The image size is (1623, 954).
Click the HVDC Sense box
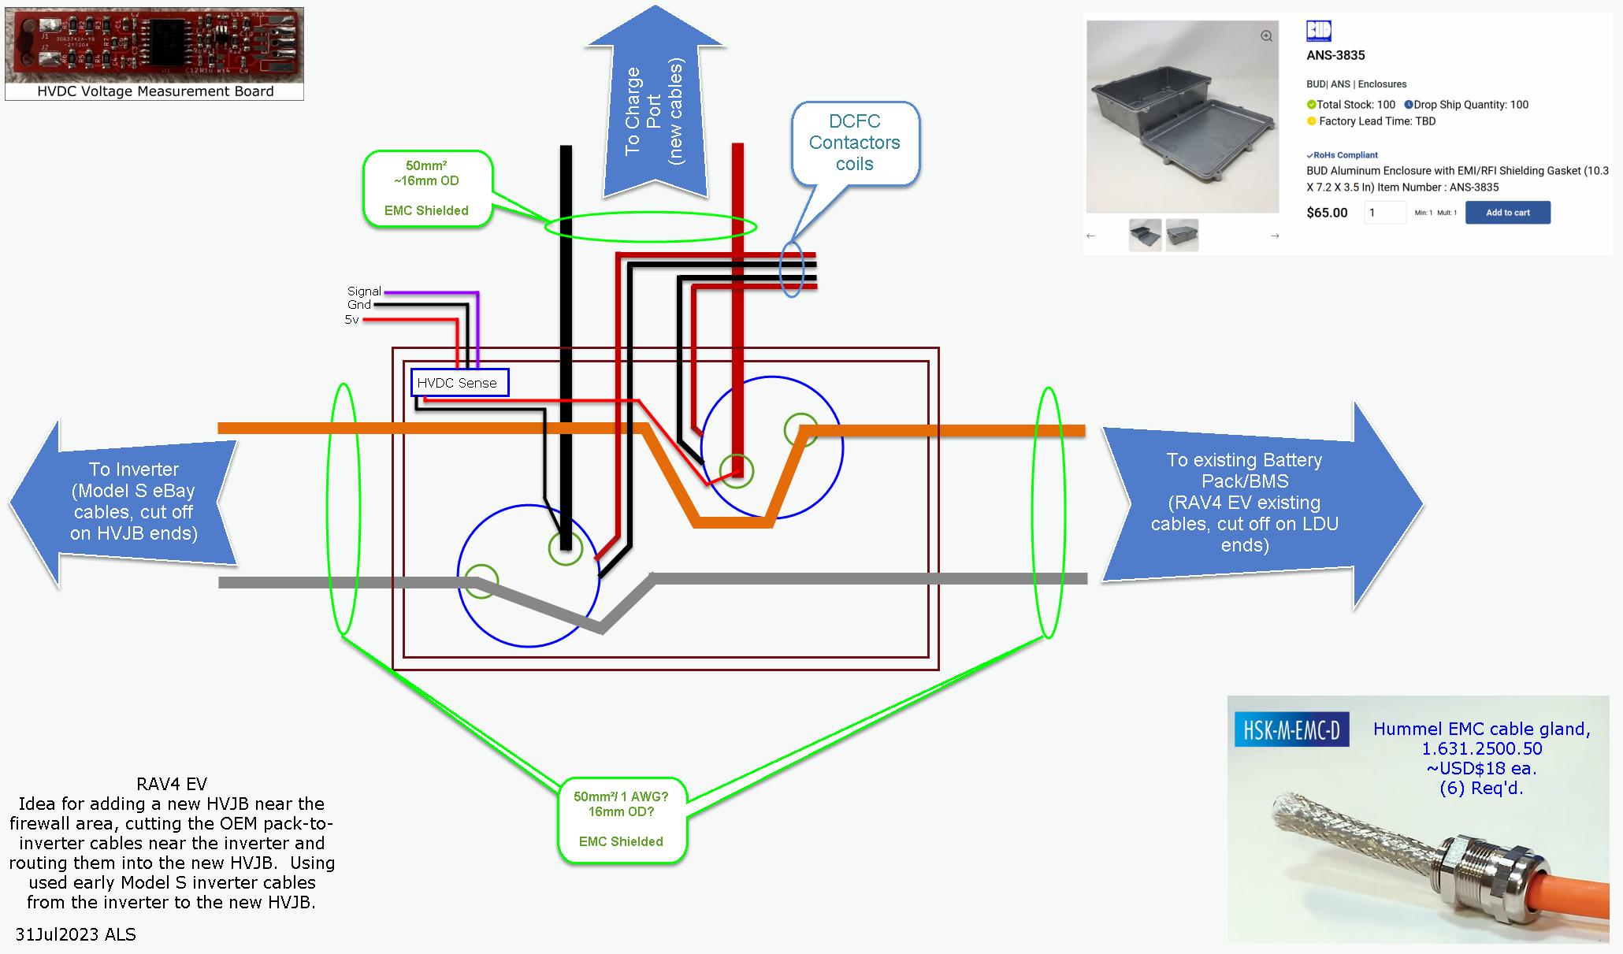pyautogui.click(x=459, y=383)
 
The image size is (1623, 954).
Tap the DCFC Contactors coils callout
pyautogui.click(x=855, y=143)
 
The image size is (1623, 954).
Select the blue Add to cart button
pyautogui.click(x=1507, y=213)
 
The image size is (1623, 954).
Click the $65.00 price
pyautogui.click(x=1327, y=213)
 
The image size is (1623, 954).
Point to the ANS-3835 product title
pyautogui.click(x=1335, y=55)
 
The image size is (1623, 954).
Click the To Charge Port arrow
pyautogui.click(x=655, y=110)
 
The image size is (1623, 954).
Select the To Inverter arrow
pyautogui.click(x=126, y=503)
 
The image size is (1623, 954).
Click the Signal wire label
pyautogui.click(x=364, y=291)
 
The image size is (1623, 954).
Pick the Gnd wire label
pyautogui.click(x=359, y=305)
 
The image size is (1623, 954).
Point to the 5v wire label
pyautogui.click(x=351, y=320)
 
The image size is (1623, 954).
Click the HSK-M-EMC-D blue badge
pyautogui.click(x=1291, y=730)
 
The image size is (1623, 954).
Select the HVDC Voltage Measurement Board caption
pyautogui.click(x=155, y=91)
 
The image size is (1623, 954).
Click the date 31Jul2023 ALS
pyautogui.click(x=76, y=934)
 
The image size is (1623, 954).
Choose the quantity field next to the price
pyautogui.click(x=1385, y=213)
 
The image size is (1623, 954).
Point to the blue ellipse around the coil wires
pyautogui.click(x=792, y=269)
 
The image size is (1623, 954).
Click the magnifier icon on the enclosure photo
pyautogui.click(x=1266, y=36)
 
